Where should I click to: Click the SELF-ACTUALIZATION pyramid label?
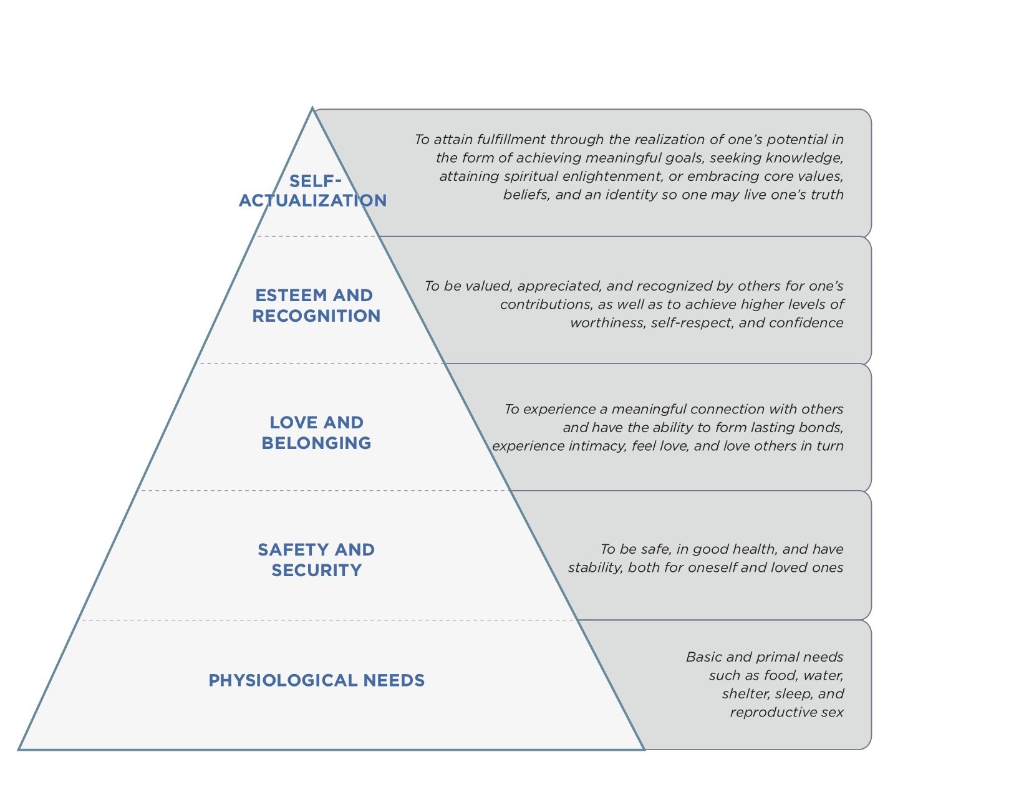tap(312, 191)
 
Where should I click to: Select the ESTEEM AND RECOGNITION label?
tap(316, 306)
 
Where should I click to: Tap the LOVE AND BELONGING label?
tap(316, 433)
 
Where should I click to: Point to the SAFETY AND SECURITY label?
tap(316, 560)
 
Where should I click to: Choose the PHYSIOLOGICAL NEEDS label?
tap(316, 680)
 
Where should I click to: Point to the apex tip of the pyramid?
tap(312, 108)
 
